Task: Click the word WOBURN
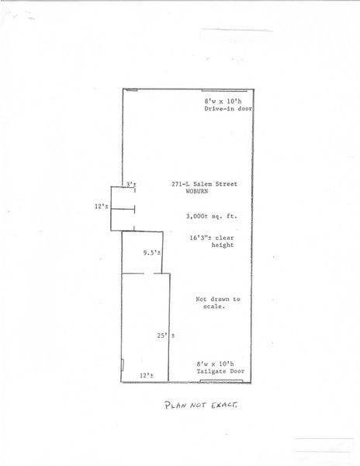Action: point(197,191)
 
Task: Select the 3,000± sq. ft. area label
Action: point(212,217)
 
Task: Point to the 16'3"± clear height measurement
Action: point(212,242)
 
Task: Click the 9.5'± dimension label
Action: point(152,253)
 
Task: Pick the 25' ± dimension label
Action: point(166,336)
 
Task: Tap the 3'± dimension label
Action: point(131,184)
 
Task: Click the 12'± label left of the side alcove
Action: point(101,207)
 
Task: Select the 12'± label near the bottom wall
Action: point(147,376)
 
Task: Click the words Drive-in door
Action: point(228,109)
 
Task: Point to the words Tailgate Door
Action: point(220,371)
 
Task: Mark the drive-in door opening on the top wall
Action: point(224,90)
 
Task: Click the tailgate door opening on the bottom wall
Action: point(221,381)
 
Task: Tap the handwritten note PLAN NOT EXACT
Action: point(201,405)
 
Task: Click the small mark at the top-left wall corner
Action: point(130,89)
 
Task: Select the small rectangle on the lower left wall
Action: point(123,365)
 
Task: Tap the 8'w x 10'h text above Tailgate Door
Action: point(215,363)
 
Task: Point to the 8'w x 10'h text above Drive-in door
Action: point(223,101)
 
